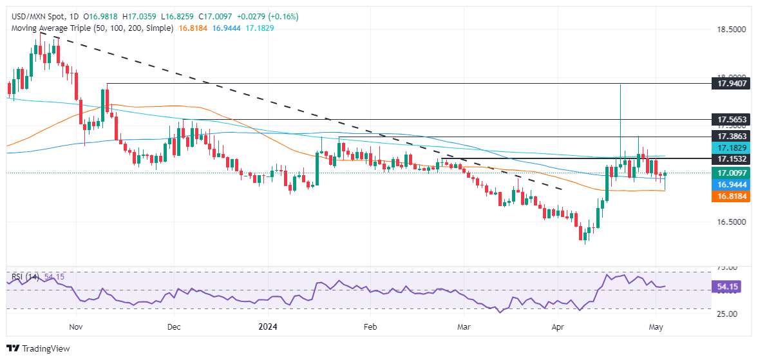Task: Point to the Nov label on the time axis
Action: coord(75,327)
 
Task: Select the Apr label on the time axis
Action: coord(559,327)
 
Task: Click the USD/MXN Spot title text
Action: coord(38,16)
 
